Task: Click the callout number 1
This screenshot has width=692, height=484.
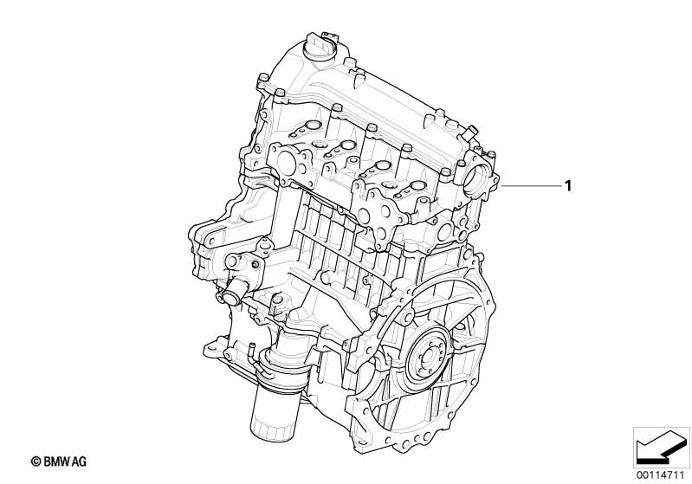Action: click(x=568, y=186)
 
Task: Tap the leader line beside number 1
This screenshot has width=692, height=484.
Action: click(x=530, y=187)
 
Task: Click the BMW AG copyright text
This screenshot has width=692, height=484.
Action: click(x=59, y=461)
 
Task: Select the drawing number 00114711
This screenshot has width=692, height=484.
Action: click(x=661, y=474)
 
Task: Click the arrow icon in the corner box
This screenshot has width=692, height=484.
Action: click(x=661, y=448)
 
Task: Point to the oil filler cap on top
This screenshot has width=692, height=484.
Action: click(x=319, y=47)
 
